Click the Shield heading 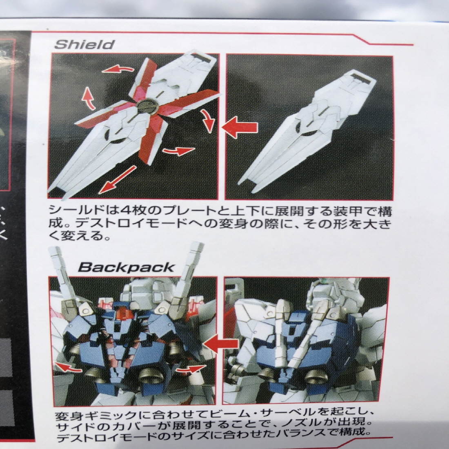coord(84,44)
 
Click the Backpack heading coord(126,267)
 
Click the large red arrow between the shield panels coord(240,127)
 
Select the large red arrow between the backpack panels coord(221,343)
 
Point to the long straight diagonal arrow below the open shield coord(118,180)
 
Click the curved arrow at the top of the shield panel coord(118,69)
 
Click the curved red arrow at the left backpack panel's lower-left coord(68,367)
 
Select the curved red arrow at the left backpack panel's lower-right coord(190,369)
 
